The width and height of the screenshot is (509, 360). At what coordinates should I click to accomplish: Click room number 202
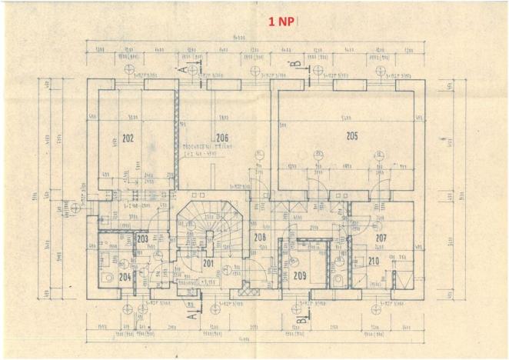128,139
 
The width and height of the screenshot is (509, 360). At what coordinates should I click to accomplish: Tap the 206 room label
223,138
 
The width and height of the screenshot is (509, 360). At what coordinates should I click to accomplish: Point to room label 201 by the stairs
207,263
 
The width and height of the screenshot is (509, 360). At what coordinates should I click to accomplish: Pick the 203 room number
142,239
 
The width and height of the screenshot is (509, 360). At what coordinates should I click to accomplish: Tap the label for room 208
260,238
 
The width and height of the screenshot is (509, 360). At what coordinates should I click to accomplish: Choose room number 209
300,275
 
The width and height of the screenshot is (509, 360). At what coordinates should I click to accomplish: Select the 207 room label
381,238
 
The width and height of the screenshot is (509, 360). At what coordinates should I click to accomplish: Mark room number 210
373,262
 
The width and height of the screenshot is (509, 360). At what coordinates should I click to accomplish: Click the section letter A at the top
183,69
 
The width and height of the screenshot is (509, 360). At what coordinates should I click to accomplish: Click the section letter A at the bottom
192,313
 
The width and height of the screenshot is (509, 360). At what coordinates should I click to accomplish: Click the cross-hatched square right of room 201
245,291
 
